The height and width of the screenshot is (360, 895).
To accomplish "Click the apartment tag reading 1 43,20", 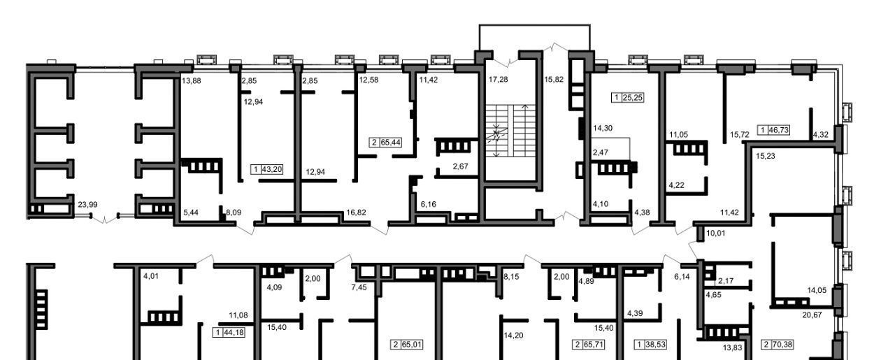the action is [267, 169].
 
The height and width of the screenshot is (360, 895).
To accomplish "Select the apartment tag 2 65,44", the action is [386, 143].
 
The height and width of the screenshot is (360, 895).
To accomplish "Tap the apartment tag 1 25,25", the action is [628, 97].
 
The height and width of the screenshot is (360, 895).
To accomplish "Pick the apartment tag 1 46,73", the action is [773, 130].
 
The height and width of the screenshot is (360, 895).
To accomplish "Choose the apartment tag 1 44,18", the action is [229, 333].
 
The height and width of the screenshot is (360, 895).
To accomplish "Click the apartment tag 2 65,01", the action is [407, 345].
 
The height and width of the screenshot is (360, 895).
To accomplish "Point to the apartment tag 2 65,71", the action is [588, 345].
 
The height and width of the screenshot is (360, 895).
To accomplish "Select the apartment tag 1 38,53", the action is [650, 345].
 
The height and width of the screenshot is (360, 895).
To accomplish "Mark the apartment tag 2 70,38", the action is [778, 345].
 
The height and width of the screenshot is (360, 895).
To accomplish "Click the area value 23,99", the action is [87, 205].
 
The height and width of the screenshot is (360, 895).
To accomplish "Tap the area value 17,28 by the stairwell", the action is [499, 80].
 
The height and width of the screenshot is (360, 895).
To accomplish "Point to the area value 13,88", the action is [192, 80].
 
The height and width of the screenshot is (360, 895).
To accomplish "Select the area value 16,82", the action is [356, 213].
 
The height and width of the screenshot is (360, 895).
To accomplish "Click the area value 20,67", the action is [812, 315].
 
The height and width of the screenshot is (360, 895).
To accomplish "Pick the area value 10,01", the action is [715, 233].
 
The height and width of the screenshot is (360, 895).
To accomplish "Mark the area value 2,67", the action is [460, 166].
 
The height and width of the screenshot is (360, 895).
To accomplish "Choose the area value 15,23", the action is [766, 156].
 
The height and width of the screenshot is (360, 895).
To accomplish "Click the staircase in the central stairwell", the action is [510, 131].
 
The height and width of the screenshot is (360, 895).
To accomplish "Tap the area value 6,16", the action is [429, 205].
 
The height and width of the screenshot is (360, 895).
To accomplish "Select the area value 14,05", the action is [817, 291].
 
